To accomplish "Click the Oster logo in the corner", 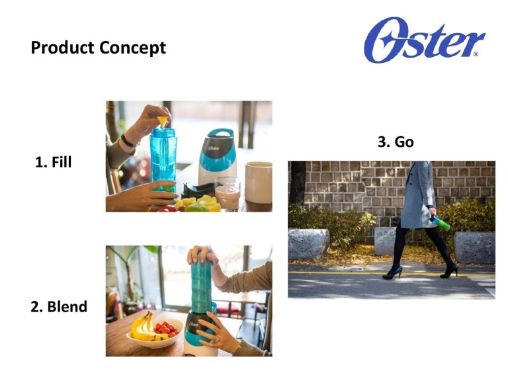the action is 424,40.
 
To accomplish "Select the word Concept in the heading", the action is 132,48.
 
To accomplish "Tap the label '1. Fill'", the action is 53,162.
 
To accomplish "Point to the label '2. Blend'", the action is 59,306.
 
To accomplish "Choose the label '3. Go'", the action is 396,142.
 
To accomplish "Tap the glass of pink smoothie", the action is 228,194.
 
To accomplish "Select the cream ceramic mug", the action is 258,182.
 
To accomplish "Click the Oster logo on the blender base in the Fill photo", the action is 214,148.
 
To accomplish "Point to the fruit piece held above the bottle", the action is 162,121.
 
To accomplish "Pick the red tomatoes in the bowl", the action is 166,327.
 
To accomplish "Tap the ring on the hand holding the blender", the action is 217,339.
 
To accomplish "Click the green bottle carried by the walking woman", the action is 440,223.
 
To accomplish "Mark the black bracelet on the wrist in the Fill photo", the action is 128,142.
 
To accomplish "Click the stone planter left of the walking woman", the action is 308,243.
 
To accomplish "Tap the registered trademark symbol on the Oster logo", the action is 476,54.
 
